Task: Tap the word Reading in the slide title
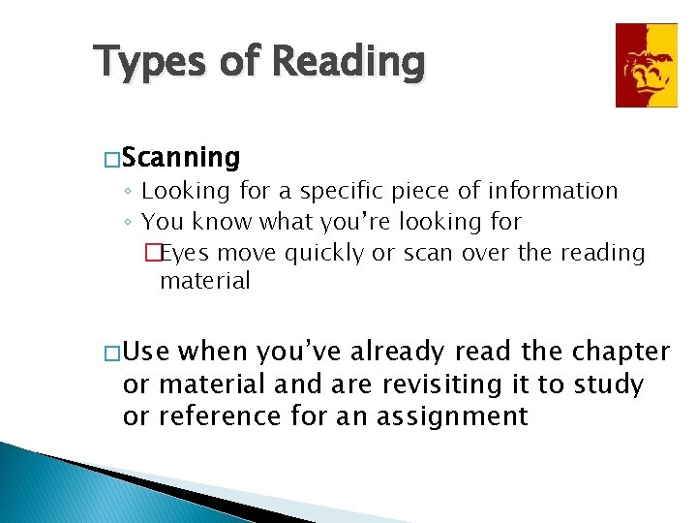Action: click(348, 63)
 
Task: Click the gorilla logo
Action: click(647, 65)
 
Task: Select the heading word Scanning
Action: click(182, 157)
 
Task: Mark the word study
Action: click(608, 385)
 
